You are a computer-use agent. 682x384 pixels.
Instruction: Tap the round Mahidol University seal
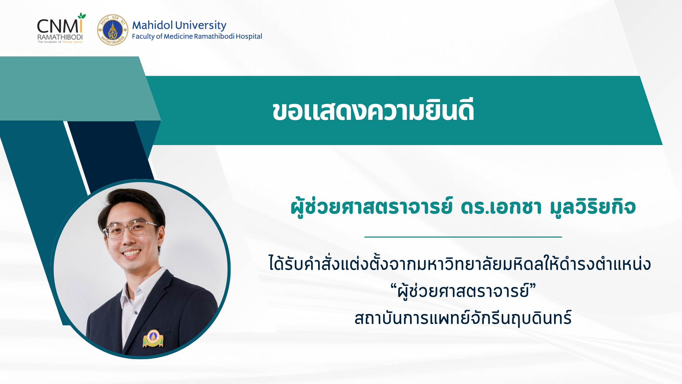[113, 30]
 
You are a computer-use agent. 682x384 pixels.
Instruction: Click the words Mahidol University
[179, 25]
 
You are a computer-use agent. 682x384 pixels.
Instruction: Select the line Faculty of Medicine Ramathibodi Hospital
[197, 36]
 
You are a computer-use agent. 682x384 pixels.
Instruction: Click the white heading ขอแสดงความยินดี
[373, 111]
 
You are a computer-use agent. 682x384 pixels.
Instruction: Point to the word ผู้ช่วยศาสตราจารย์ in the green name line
[372, 207]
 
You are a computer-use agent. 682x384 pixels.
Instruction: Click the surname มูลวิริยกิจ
[592, 207]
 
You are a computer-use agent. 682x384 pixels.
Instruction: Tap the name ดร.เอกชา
[501, 207]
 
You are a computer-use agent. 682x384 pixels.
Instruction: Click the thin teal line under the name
[463, 237]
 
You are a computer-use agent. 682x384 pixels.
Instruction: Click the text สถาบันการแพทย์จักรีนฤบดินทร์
[463, 318]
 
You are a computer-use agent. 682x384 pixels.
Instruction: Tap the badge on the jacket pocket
[153, 338]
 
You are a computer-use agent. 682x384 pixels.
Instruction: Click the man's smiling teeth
[132, 254]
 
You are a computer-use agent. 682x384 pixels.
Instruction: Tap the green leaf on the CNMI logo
[82, 16]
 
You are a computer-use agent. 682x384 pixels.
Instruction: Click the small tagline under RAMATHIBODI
[60, 42]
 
